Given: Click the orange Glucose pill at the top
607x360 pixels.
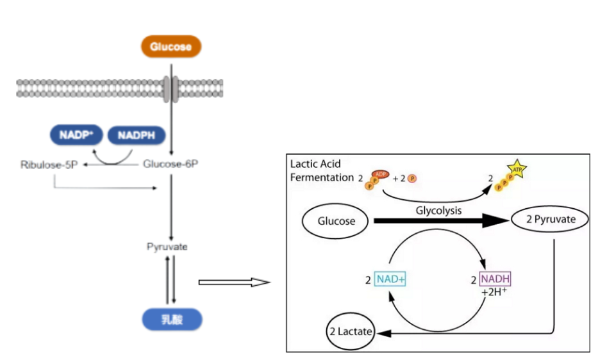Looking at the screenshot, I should click(x=170, y=47).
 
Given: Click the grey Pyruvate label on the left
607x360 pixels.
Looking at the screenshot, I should click(x=167, y=247).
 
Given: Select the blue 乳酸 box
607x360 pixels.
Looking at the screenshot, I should click(x=171, y=319).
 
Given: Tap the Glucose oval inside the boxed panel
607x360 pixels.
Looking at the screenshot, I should click(x=335, y=222).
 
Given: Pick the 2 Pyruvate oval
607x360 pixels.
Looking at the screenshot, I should click(x=551, y=220).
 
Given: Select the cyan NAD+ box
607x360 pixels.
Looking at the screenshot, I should click(x=391, y=280).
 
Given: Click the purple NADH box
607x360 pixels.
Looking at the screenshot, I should click(x=495, y=280).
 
